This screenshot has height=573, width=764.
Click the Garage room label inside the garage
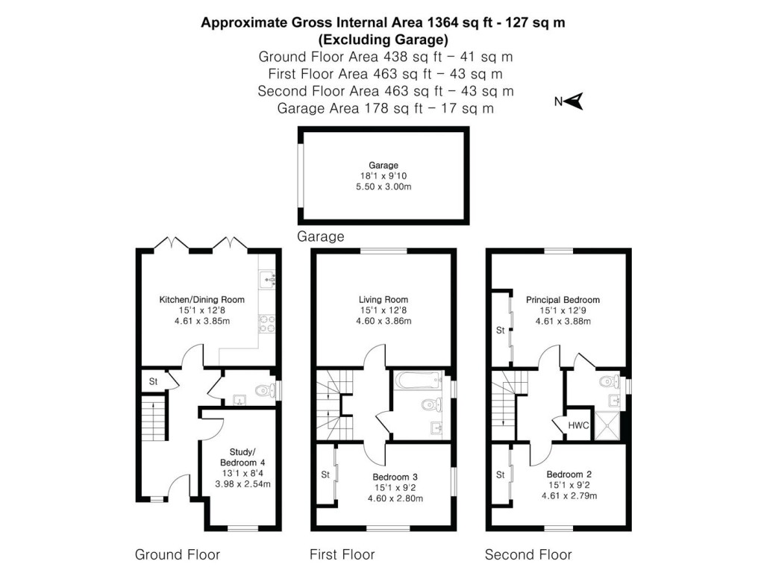[383, 166]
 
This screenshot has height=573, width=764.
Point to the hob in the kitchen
[267, 324]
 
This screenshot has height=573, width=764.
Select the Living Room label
[383, 300]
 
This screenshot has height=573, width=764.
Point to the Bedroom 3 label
[395, 477]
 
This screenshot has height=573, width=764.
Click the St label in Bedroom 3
[325, 475]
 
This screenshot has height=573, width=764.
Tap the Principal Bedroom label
[563, 300]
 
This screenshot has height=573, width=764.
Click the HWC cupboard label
[578, 425]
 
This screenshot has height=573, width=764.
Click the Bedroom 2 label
[570, 475]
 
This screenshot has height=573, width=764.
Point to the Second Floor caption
[528, 554]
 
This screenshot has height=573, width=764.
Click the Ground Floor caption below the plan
[178, 554]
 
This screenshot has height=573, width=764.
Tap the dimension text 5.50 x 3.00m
[383, 187]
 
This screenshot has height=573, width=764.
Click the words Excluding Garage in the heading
[383, 40]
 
